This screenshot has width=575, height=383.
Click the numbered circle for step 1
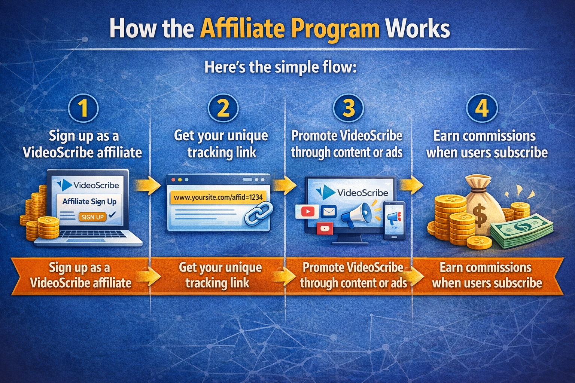point(83,108)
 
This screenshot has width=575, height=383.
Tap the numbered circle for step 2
point(223,108)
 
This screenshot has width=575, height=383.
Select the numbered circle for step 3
point(349,108)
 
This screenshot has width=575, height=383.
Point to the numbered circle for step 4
point(482,108)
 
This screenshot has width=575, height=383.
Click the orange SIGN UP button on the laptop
point(92,217)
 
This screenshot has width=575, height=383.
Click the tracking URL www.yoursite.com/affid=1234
point(218,197)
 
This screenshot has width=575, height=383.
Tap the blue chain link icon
point(259,214)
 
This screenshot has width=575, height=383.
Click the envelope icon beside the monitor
point(329,212)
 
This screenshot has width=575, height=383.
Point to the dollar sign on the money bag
point(479,216)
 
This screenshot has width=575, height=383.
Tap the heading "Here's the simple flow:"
point(280,67)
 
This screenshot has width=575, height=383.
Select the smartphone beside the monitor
point(394,221)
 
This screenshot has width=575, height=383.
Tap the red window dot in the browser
point(173,180)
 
